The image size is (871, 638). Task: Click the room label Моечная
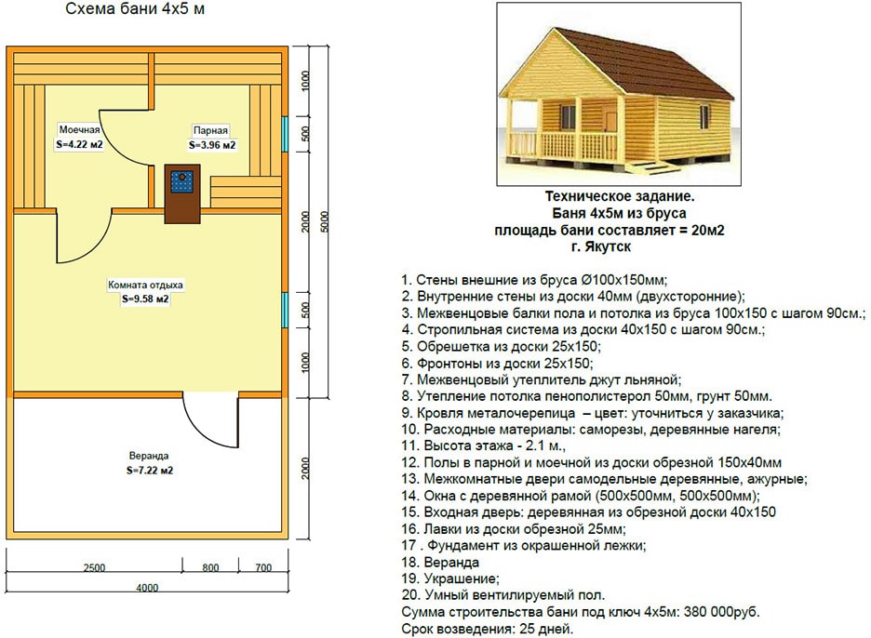coord(79,129)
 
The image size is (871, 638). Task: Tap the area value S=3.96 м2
coord(212,145)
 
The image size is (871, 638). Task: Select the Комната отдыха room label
coord(145,285)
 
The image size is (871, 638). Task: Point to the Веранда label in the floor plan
coord(149,456)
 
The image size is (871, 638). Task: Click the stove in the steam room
coord(181,193)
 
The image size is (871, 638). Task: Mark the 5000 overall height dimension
coord(325,221)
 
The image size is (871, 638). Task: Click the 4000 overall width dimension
coord(147,587)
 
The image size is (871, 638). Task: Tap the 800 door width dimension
coord(210,567)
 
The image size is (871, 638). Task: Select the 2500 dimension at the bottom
coord(94,567)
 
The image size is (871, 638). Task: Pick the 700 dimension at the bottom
coord(263,567)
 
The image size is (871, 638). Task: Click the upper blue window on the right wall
coord(285,134)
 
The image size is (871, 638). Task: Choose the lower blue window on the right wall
coord(285,310)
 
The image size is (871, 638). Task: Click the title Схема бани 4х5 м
coord(135,9)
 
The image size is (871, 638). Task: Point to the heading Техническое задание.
coord(620,196)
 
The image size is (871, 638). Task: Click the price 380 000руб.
coord(721,612)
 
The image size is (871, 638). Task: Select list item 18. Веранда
coord(440,562)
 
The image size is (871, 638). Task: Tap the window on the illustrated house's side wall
coord(703,116)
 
